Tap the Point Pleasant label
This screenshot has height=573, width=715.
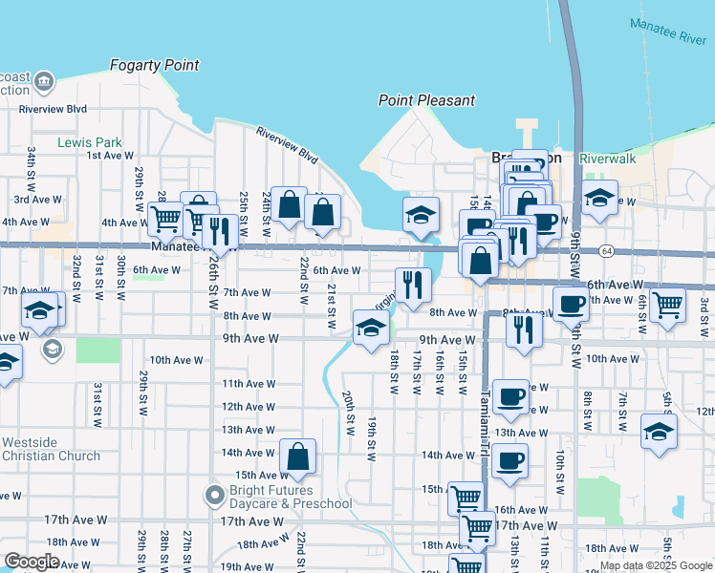(426, 100)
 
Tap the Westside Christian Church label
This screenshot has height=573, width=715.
(51, 449)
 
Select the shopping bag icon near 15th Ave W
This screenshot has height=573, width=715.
(298, 458)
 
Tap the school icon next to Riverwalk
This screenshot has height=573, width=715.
(600, 199)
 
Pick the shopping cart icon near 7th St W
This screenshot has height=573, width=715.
(668, 305)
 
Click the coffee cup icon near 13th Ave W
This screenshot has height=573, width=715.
(509, 396)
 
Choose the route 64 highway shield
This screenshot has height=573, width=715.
(607, 251)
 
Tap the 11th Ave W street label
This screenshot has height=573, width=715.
(249, 383)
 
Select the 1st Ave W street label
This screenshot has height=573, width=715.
(107, 155)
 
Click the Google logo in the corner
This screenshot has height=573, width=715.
(32, 562)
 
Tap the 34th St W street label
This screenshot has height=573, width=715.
(32, 166)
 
